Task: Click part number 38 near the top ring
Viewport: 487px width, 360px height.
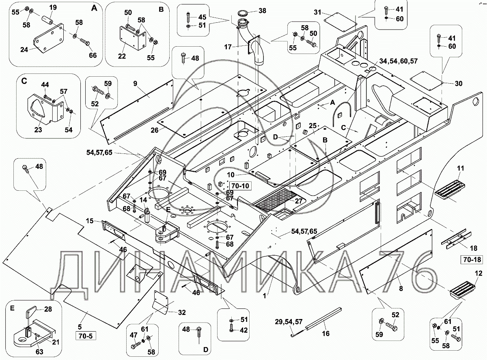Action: pos(263,11)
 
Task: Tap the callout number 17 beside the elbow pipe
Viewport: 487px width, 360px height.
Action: pos(228,47)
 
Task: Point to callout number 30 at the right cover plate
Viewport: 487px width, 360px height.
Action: pos(458,84)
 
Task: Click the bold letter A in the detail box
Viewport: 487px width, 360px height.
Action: pos(94,8)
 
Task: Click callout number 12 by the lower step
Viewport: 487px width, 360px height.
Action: pos(478,273)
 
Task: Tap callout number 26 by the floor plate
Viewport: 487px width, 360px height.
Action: pos(154,130)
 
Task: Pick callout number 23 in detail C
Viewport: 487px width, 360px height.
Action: pos(38,130)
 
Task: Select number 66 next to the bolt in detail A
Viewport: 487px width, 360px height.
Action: pos(93,55)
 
